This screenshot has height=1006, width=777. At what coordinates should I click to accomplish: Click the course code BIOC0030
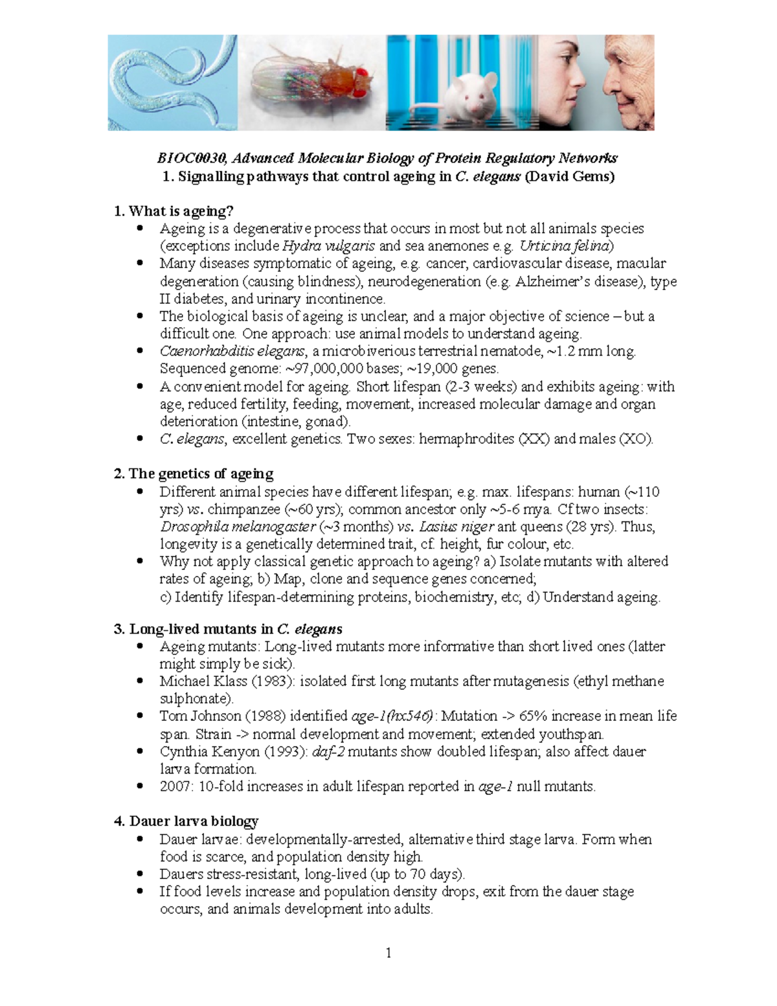tap(192, 158)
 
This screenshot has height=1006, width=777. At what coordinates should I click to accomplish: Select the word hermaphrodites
tap(466, 439)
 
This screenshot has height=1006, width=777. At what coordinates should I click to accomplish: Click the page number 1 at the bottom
tap(388, 953)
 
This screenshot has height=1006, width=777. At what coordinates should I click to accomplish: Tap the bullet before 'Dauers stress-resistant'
tap(140, 874)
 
